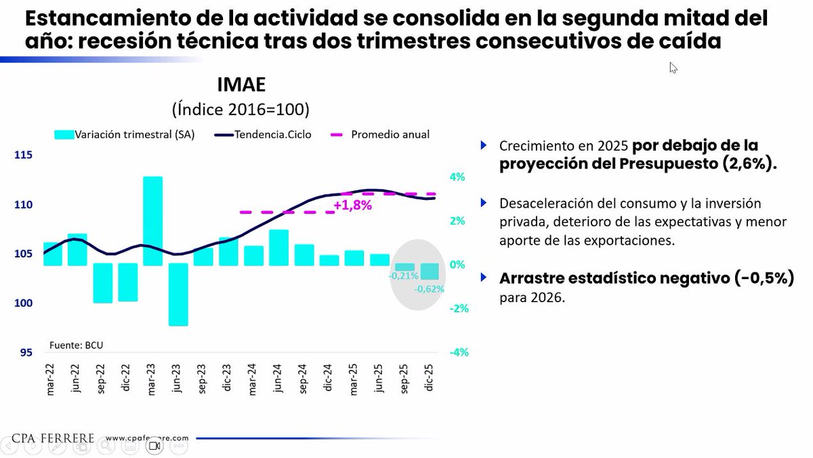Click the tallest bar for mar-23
(x=152, y=220)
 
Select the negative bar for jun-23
(x=178, y=295)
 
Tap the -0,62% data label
(x=430, y=289)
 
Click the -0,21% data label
(x=403, y=276)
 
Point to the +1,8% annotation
(x=352, y=205)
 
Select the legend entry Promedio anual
(x=390, y=134)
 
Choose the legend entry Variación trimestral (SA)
(x=134, y=134)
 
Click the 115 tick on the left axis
(x=24, y=155)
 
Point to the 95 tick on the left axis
(x=26, y=352)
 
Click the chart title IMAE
(x=241, y=85)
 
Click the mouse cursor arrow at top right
(x=673, y=67)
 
